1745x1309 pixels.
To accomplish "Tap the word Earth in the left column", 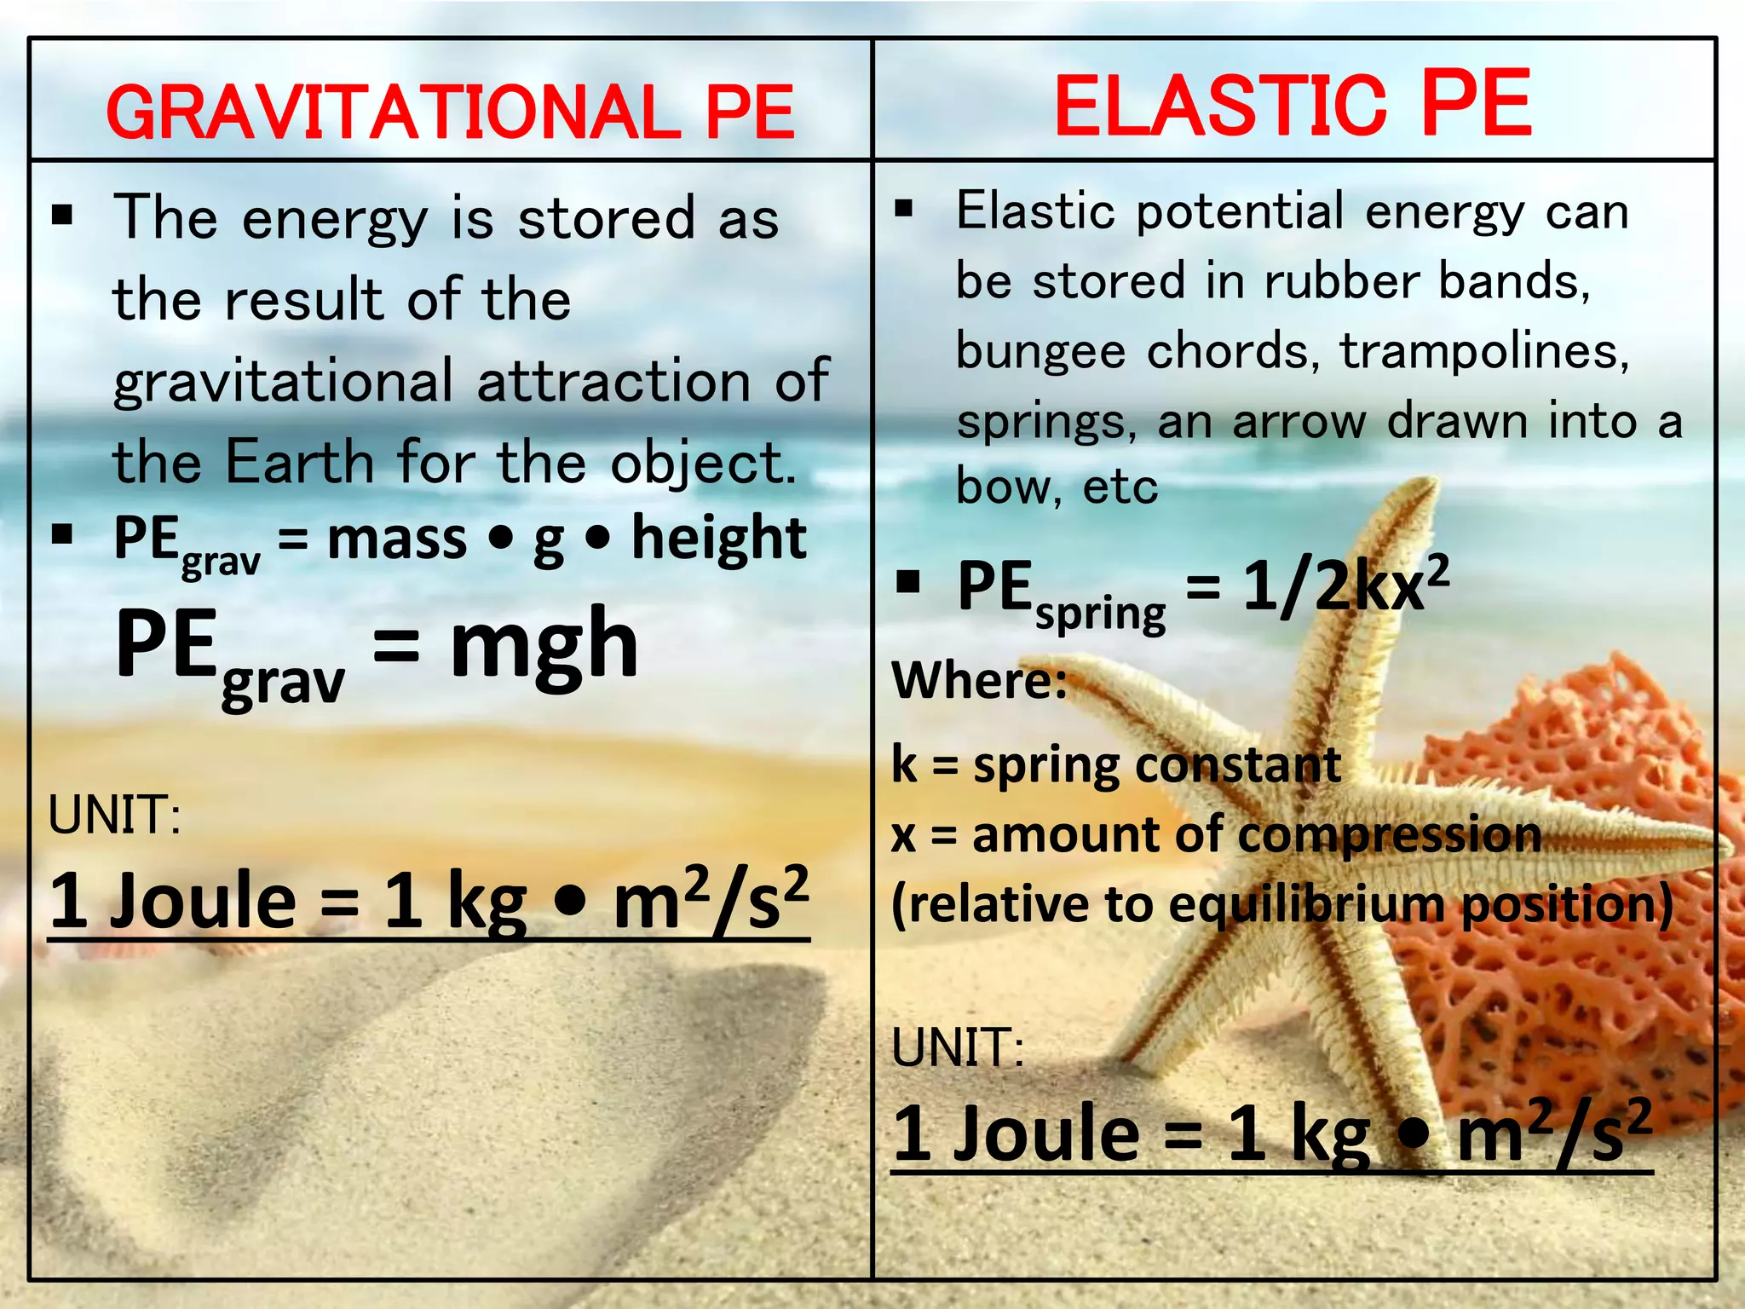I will pos(299,462).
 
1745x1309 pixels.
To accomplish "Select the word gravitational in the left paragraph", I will pos(283,381).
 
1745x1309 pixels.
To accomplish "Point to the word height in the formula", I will pos(718,539).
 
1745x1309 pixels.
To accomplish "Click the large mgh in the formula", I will pos(544,645).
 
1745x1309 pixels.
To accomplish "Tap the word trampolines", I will pos(1484,351).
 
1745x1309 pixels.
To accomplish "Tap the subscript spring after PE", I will pos(1100,614).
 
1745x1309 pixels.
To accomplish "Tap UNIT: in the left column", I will pos(114,815).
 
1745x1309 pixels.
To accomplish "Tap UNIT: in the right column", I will pos(957,1047).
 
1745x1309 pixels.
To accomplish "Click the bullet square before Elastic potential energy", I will pos(904,209).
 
